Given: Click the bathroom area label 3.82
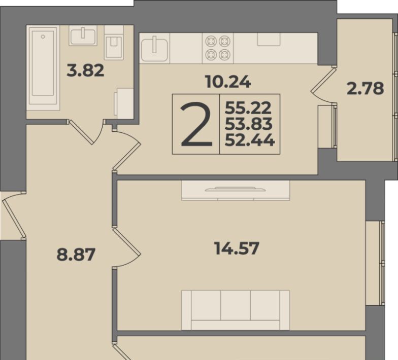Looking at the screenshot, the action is tap(85, 70).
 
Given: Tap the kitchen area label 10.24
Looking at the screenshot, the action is tap(228, 82).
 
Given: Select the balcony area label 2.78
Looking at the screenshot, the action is tap(365, 89).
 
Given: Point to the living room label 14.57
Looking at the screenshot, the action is tap(237, 248).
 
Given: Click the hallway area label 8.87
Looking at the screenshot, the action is tap(76, 255).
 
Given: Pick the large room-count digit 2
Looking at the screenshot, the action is tap(196, 124).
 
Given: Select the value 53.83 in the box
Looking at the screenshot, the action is tap(249, 124).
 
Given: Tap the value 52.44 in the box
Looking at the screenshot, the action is tap(250, 140).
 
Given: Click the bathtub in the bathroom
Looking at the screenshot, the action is tap(43, 68).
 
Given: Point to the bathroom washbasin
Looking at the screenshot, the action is tap(83, 35).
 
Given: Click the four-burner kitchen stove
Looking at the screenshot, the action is tap(218, 48).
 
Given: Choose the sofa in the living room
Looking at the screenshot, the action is tap(236, 310).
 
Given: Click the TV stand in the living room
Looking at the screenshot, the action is tap(236, 191).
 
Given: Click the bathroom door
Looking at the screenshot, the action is tap(86, 132).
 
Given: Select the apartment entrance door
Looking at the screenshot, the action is tap(14, 215).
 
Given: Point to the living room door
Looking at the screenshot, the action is tap(126, 247).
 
